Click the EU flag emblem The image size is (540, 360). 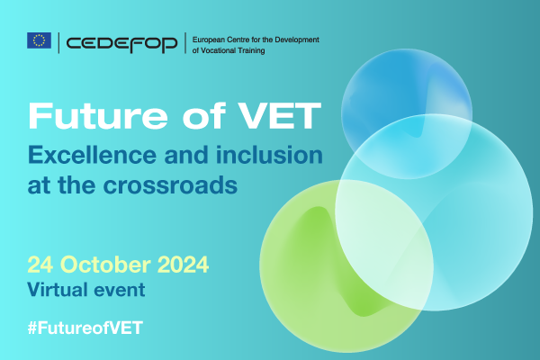point(40,40)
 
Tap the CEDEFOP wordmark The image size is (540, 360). point(121,43)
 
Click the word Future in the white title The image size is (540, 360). point(98,115)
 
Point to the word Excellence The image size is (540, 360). point(93,155)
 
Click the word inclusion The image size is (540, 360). point(269,155)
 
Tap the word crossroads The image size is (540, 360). point(170,185)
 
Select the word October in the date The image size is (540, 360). point(105,265)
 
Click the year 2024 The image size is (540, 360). point(184,265)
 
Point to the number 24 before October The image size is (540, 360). point(40,265)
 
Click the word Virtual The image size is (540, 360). point(58,290)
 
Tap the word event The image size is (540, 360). point(119,290)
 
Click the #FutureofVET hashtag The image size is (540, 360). point(85,328)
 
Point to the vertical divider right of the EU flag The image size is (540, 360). point(58,43)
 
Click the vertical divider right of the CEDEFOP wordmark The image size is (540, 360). point(185,43)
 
